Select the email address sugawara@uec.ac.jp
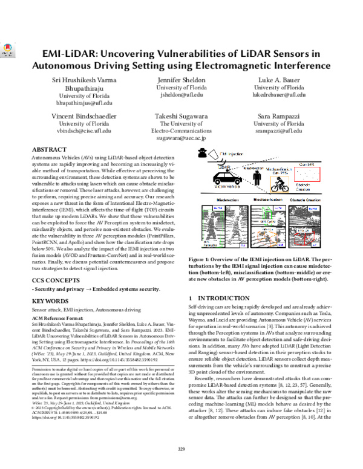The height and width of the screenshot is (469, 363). [183, 138]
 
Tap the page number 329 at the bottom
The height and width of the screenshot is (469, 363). [181, 448]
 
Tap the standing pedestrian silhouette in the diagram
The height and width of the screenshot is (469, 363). [247, 178]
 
